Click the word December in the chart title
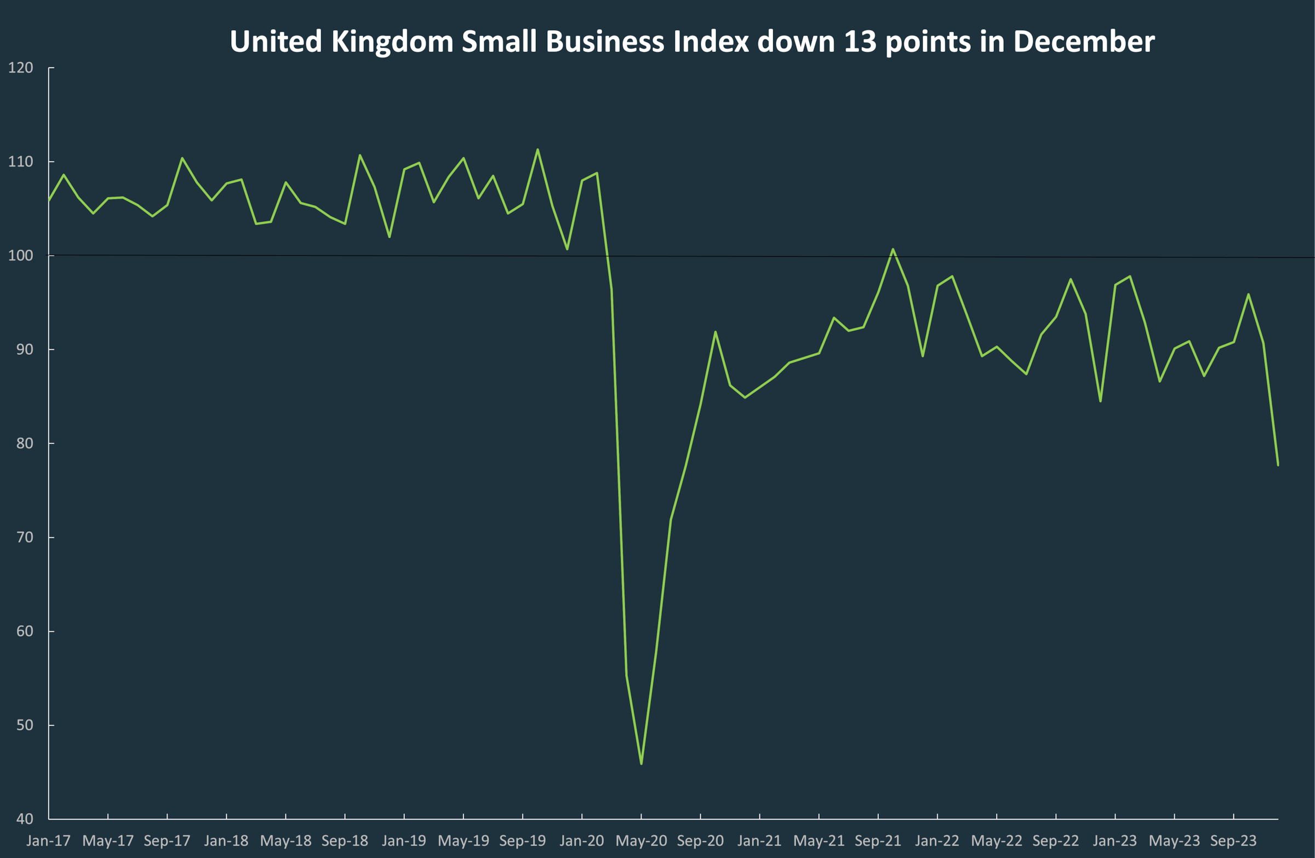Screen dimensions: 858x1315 1083,42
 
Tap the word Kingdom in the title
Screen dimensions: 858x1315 392,42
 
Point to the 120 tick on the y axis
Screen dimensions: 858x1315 20,68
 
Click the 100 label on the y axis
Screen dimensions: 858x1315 20,256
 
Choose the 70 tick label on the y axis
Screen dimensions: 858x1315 24,537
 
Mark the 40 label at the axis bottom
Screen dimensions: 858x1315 24,819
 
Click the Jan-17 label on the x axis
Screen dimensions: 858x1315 49,841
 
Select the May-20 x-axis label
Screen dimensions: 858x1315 641,841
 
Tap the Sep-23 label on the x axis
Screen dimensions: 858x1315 1233,841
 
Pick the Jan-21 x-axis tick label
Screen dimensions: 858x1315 759,841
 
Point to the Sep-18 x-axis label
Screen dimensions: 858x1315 345,841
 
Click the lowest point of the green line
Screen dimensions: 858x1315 641,764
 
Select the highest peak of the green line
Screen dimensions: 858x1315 538,149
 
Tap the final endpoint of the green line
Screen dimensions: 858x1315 1278,465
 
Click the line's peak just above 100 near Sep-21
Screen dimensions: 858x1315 893,249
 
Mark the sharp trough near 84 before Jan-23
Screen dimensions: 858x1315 1101,401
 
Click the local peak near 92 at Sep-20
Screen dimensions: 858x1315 715,332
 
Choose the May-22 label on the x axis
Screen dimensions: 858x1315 997,841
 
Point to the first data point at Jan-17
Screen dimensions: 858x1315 49,201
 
